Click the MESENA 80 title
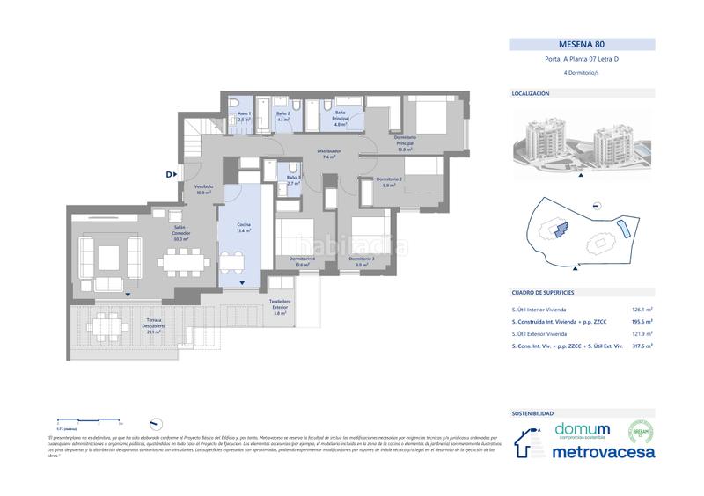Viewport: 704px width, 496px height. click(582, 43)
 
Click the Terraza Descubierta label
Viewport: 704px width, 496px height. click(155, 329)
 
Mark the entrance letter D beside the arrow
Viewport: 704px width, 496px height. click(168, 174)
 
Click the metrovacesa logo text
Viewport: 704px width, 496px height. click(604, 452)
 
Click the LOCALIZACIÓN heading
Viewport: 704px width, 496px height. click(531, 92)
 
